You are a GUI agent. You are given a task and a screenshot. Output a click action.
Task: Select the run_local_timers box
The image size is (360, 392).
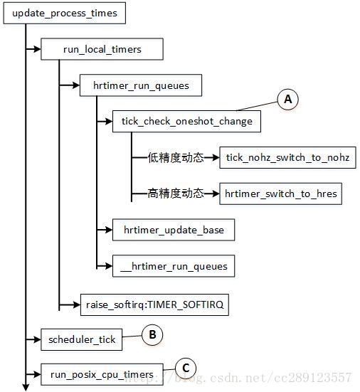pyautogui.click(x=102, y=49)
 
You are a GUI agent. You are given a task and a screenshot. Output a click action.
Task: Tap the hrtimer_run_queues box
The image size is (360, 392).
pyautogui.click(x=142, y=85)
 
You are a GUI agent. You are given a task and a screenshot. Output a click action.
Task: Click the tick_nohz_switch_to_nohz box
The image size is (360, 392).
pyautogui.click(x=288, y=157)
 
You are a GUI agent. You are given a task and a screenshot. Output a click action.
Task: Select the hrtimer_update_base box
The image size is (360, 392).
pyautogui.click(x=174, y=230)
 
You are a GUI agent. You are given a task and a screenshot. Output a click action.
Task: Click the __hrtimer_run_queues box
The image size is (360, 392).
pyautogui.click(x=174, y=266)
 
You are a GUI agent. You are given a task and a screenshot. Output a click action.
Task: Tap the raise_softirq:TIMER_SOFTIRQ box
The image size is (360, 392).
pyautogui.click(x=155, y=304)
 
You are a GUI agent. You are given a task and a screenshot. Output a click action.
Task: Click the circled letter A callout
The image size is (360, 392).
pyautogui.click(x=288, y=100)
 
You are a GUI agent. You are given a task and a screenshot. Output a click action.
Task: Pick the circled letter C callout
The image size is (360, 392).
pyautogui.click(x=186, y=368)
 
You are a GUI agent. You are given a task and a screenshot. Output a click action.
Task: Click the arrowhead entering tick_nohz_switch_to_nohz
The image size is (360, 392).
pyautogui.click(x=218, y=157)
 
